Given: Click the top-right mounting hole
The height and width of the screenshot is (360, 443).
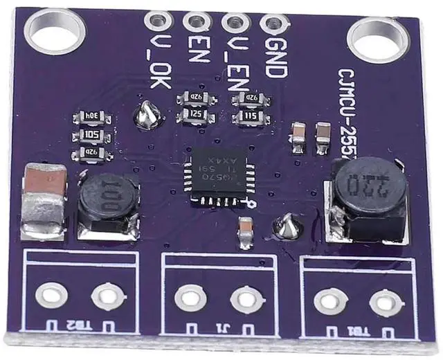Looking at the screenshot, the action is point(379,35).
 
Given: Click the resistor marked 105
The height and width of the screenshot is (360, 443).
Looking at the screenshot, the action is point(91,135).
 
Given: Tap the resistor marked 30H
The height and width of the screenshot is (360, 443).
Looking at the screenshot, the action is point(91,117).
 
